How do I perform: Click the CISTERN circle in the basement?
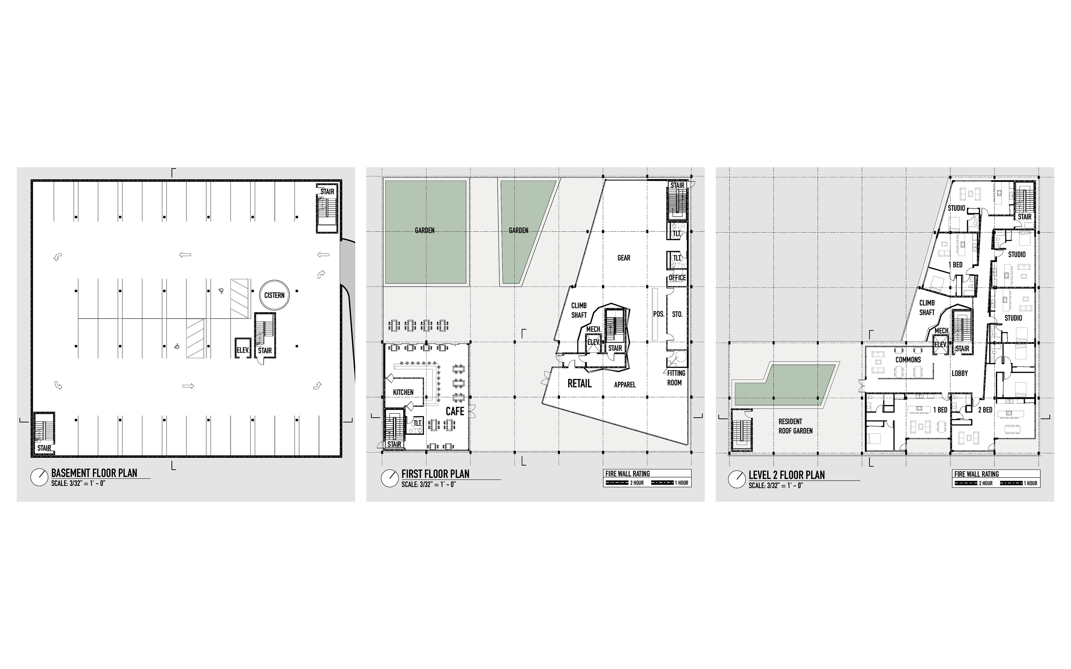[x=274, y=281]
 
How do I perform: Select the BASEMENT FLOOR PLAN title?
[x=94, y=473]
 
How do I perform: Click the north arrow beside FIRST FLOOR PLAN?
[x=390, y=478]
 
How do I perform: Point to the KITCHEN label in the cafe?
[x=403, y=392]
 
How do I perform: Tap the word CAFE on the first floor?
[x=455, y=411]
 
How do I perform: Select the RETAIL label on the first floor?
[x=579, y=383]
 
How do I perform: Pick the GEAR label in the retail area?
[x=624, y=258]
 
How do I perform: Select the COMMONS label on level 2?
[x=908, y=360]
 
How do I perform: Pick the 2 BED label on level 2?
[x=985, y=410]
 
